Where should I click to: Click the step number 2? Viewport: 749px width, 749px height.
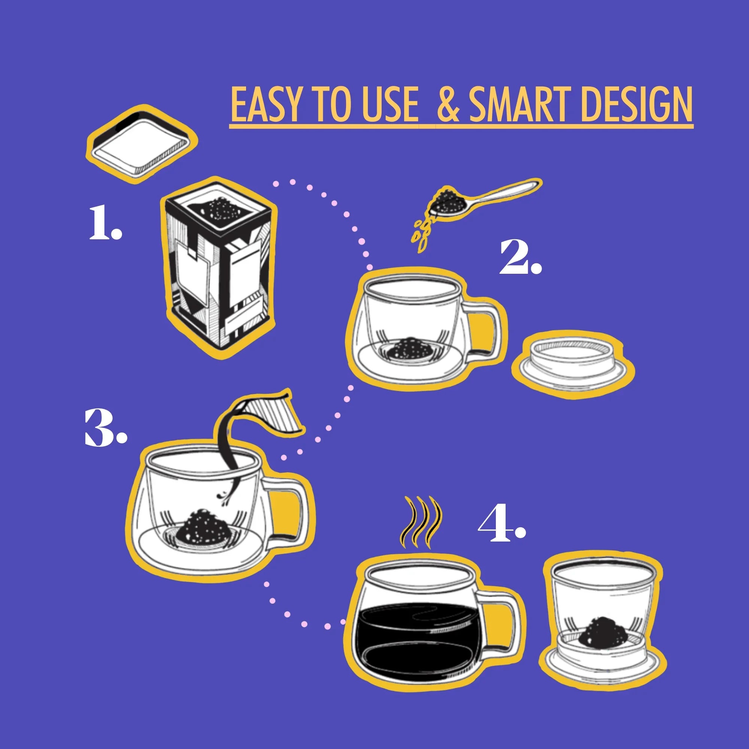click(519, 257)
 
